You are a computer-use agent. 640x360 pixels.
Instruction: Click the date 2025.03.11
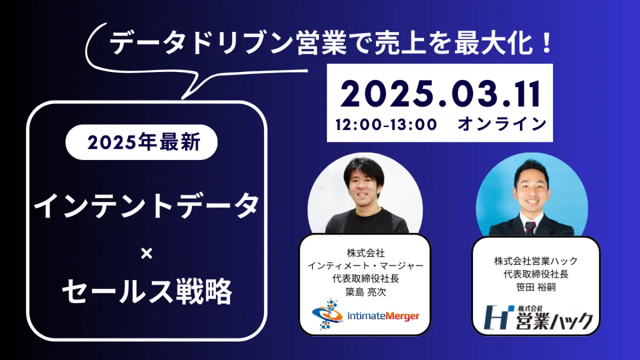[439, 94]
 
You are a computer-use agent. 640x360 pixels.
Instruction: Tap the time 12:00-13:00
[386, 125]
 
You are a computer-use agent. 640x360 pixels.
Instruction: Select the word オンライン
[502, 124]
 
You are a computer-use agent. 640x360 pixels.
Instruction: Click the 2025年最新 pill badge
[141, 142]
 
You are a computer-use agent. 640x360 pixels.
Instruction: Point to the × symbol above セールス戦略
[147, 254]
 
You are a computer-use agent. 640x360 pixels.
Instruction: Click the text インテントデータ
[146, 205]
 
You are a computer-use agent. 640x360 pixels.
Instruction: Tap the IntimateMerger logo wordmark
[383, 316]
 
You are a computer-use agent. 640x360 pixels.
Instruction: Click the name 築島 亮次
[365, 292]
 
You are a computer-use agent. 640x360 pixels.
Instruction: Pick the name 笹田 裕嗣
[535, 287]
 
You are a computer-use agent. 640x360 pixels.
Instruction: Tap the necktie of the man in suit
[530, 228]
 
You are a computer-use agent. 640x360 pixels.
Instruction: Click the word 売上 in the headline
[399, 43]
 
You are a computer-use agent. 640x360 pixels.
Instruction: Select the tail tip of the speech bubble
[182, 99]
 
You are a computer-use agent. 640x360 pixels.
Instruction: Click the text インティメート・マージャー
[365, 266]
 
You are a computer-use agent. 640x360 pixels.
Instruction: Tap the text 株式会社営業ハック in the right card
[535, 261]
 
